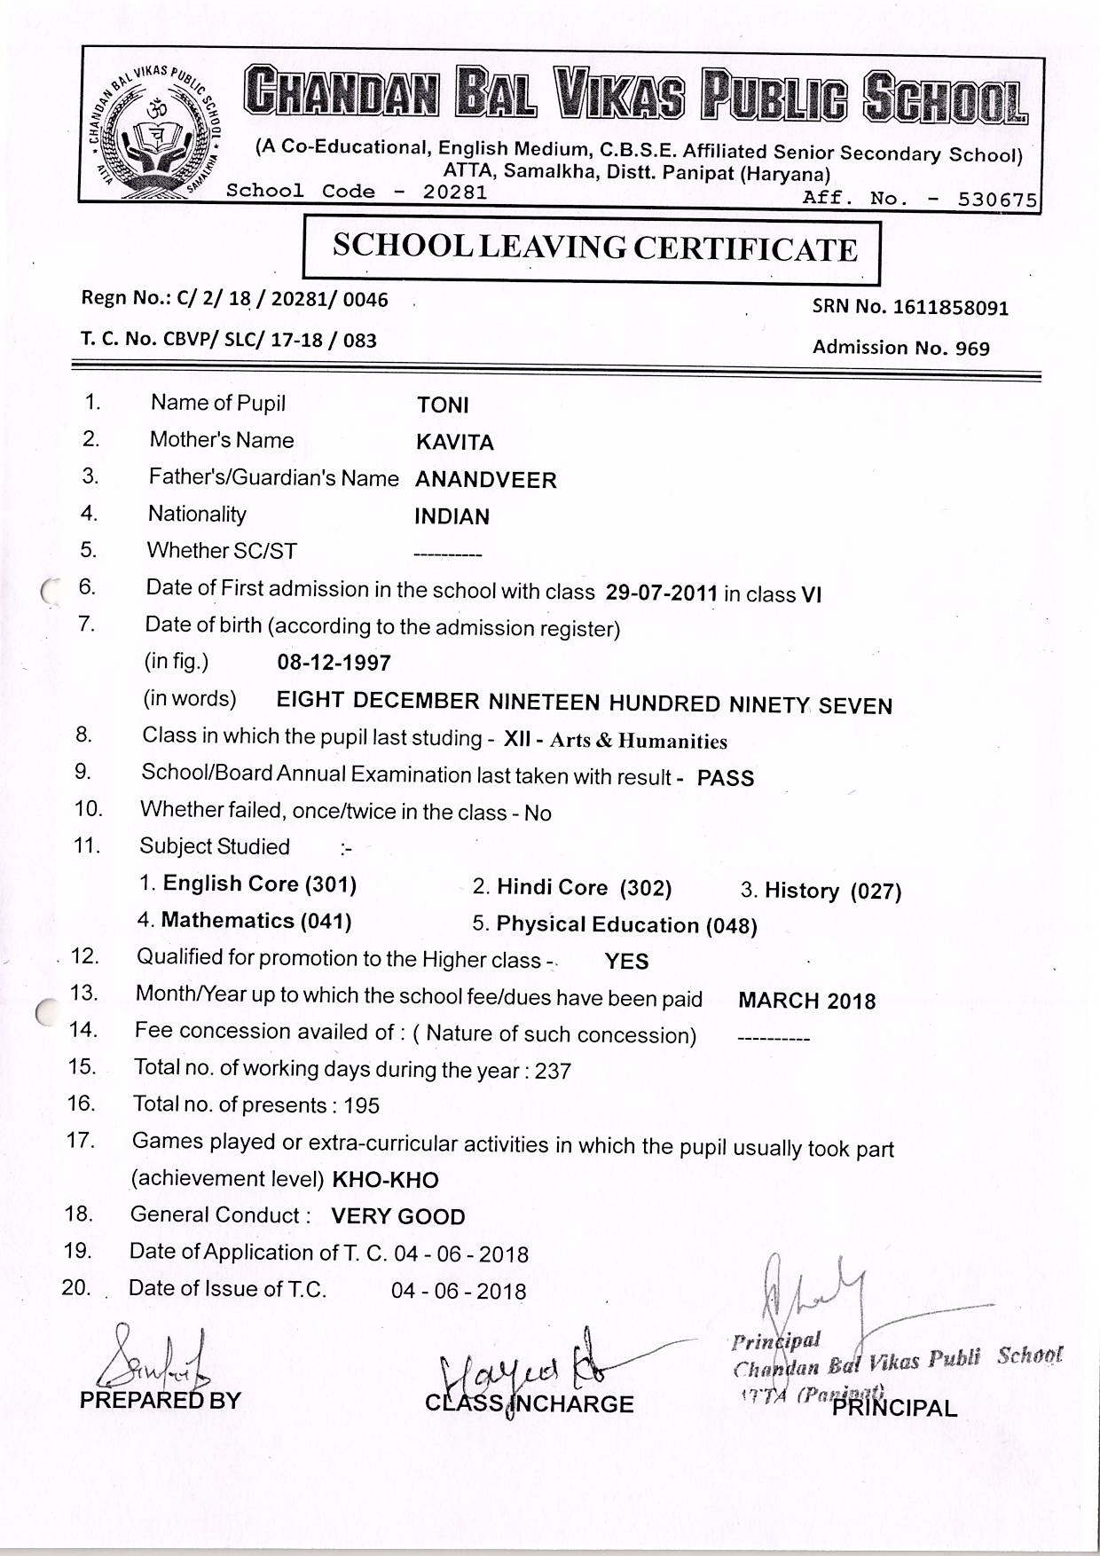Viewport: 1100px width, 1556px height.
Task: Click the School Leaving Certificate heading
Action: point(594,248)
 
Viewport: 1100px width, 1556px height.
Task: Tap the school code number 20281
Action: point(454,192)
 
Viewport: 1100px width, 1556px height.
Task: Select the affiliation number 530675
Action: point(997,200)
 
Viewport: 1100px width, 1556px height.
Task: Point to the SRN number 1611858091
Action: point(951,308)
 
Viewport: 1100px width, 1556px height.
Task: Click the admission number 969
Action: point(972,349)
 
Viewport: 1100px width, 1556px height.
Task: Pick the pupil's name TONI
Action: point(443,405)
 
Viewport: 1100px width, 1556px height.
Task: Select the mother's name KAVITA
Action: point(454,442)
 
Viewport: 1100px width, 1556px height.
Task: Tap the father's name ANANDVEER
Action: point(485,480)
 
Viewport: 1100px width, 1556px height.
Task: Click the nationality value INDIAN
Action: point(452,516)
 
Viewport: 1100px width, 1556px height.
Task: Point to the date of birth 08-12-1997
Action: point(334,663)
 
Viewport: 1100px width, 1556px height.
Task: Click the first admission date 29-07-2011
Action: point(661,593)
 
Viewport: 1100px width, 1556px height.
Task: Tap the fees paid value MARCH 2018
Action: point(806,1001)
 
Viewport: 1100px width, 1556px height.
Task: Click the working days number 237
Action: point(553,1071)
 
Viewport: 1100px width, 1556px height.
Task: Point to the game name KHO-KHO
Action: point(385,1180)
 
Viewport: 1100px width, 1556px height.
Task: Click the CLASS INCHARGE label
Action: point(530,1403)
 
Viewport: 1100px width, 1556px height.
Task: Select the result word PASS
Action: point(726,778)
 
